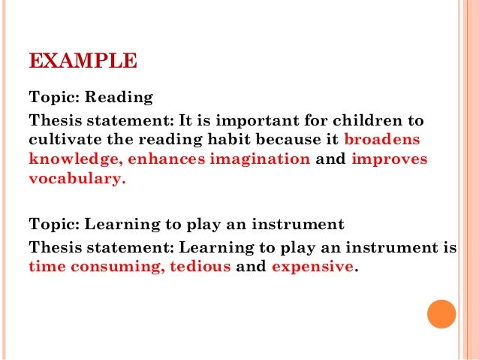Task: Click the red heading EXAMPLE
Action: pos(83,59)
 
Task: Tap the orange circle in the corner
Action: pos(441,314)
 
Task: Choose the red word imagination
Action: pos(262,159)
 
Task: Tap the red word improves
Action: pos(389,159)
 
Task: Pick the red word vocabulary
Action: pos(74,180)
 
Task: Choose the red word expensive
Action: pos(312,266)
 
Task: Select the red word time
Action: pos(44,266)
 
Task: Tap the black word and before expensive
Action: pos(252,266)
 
